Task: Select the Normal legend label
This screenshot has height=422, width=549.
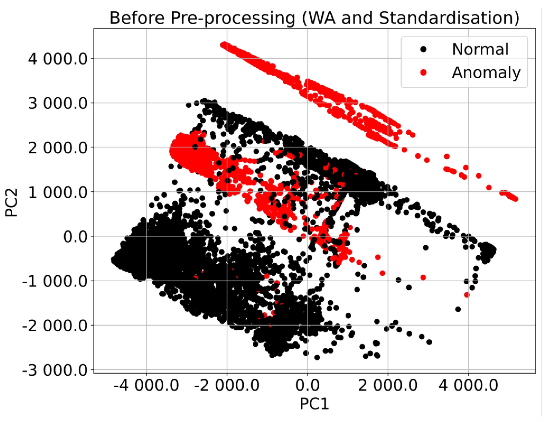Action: click(480, 49)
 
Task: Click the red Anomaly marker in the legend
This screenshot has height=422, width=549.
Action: click(423, 73)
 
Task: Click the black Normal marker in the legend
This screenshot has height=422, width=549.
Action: click(423, 49)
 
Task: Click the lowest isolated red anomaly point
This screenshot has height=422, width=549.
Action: click(467, 295)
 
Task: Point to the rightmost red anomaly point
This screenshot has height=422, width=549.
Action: click(516, 199)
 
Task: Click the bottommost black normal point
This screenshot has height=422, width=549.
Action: click(317, 357)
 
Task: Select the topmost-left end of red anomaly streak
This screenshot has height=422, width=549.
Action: click(223, 45)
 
